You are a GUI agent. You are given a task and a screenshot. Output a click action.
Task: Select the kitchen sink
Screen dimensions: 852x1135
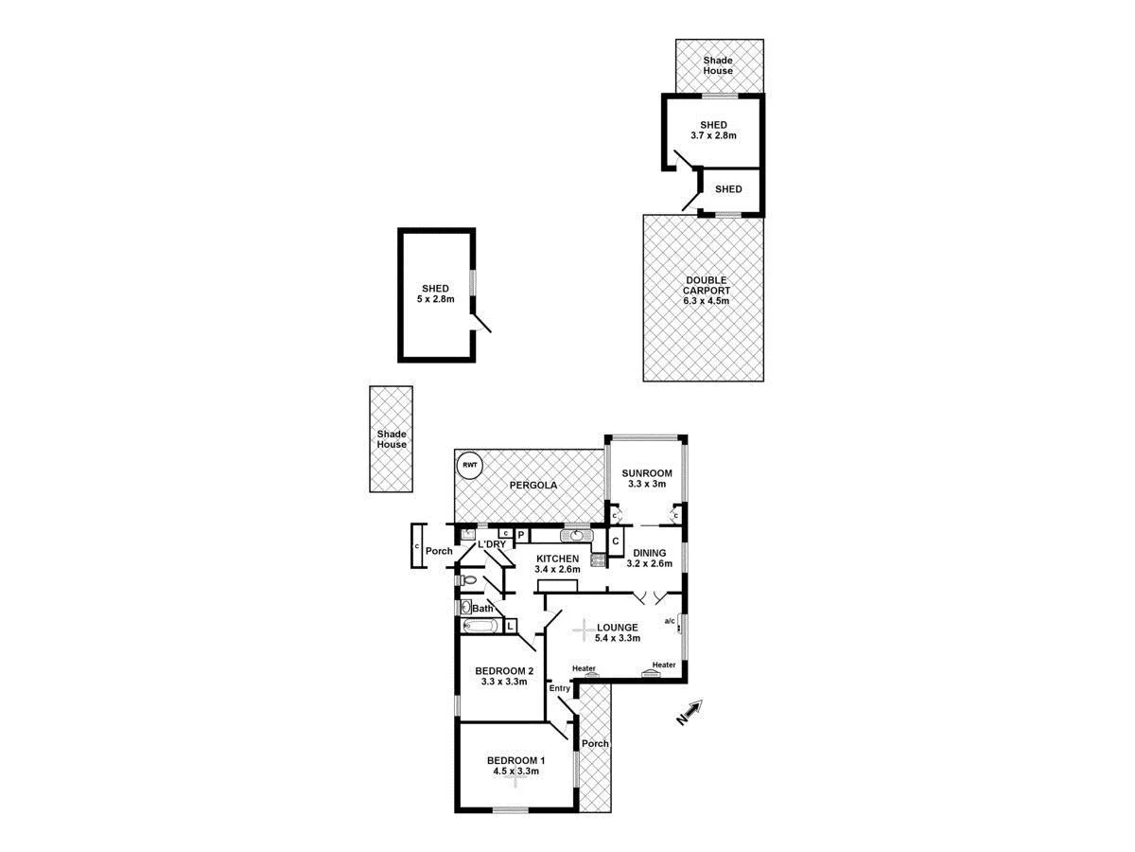coord(576,536)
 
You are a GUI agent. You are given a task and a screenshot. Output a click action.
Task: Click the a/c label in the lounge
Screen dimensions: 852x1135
coord(670,621)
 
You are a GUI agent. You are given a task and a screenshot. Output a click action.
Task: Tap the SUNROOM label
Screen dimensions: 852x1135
coord(646,473)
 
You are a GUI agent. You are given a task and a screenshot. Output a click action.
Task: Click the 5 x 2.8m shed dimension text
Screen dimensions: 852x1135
coord(435,299)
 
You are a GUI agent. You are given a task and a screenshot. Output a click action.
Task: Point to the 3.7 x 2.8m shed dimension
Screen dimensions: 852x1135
coord(713,135)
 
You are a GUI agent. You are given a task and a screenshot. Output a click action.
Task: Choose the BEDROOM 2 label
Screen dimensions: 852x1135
coord(503,671)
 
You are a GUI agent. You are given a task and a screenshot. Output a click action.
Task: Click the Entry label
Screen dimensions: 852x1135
coord(559,687)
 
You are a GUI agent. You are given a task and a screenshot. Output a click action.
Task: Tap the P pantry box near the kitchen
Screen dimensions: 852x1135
coord(520,535)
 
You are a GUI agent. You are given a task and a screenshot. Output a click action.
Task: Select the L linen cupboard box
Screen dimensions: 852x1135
coord(510,626)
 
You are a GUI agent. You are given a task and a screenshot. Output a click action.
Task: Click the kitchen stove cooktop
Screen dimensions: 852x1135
coord(598,559)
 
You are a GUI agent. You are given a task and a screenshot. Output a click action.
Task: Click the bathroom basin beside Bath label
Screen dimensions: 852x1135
coord(465,608)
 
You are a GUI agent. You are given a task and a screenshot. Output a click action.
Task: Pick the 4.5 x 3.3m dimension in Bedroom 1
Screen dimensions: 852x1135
coord(515,772)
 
